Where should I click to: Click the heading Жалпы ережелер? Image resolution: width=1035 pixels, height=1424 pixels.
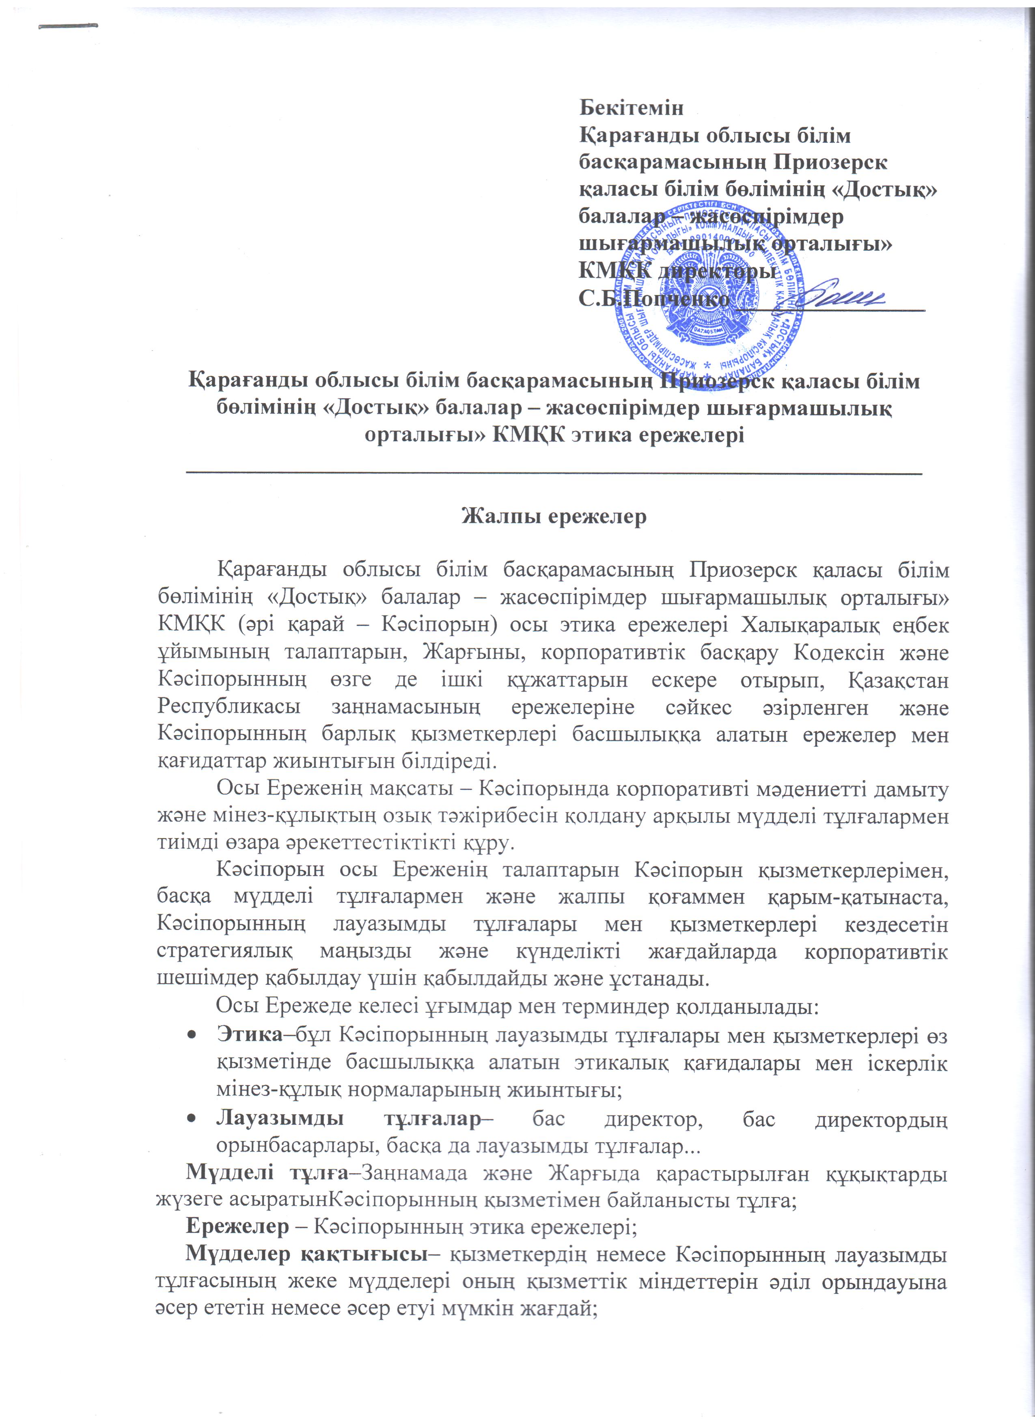pyautogui.click(x=554, y=516)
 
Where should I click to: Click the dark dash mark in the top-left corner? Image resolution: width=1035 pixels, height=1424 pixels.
pyautogui.click(x=69, y=26)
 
